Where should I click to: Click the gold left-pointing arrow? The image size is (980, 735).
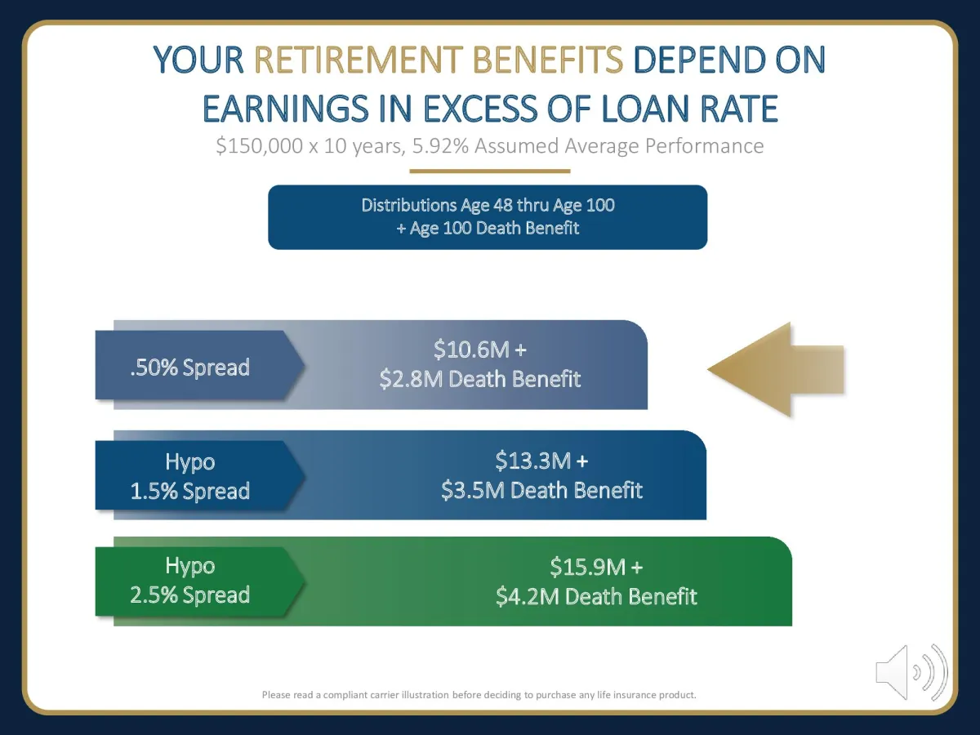point(776,369)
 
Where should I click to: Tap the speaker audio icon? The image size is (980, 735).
point(911,672)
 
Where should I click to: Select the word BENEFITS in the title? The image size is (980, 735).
point(547,60)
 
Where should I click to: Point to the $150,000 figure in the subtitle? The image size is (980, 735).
point(260,146)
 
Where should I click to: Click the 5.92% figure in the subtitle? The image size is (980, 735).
point(440,146)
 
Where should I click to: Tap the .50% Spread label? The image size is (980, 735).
point(189,367)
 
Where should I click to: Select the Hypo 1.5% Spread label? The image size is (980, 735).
point(189,476)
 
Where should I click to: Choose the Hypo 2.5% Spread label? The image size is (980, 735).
point(189,580)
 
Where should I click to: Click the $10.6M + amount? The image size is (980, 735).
point(480,349)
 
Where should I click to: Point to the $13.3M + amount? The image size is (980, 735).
point(541,461)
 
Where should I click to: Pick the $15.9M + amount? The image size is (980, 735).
point(596,567)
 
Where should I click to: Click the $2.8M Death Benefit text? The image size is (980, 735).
point(480,379)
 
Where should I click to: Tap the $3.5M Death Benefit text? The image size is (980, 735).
point(541,490)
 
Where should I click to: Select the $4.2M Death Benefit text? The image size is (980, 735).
point(596,596)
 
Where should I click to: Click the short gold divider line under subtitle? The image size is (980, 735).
point(490,171)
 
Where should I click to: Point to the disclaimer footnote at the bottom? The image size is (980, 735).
point(479,695)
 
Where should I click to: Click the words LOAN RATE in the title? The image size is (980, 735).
point(690,109)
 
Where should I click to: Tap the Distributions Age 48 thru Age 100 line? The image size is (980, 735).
point(488,205)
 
